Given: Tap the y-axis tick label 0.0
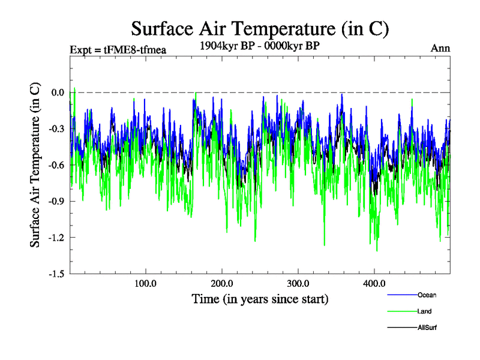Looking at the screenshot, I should click(58, 92).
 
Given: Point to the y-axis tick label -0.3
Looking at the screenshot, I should click(56, 128).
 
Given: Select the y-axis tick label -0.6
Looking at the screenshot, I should click(56, 165).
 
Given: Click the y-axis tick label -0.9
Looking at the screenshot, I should click(56, 201).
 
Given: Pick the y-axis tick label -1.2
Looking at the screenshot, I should click(56, 238).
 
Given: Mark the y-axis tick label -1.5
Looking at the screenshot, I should click(56, 274).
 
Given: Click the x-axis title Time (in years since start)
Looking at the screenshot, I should click(260, 298).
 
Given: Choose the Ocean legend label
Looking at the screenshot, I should click(427, 295).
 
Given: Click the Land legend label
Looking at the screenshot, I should click(424, 311).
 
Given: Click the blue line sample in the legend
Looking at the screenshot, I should click(401, 295).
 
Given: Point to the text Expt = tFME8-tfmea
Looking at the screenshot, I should click(118, 49).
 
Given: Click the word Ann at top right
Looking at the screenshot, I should click(440, 48).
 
